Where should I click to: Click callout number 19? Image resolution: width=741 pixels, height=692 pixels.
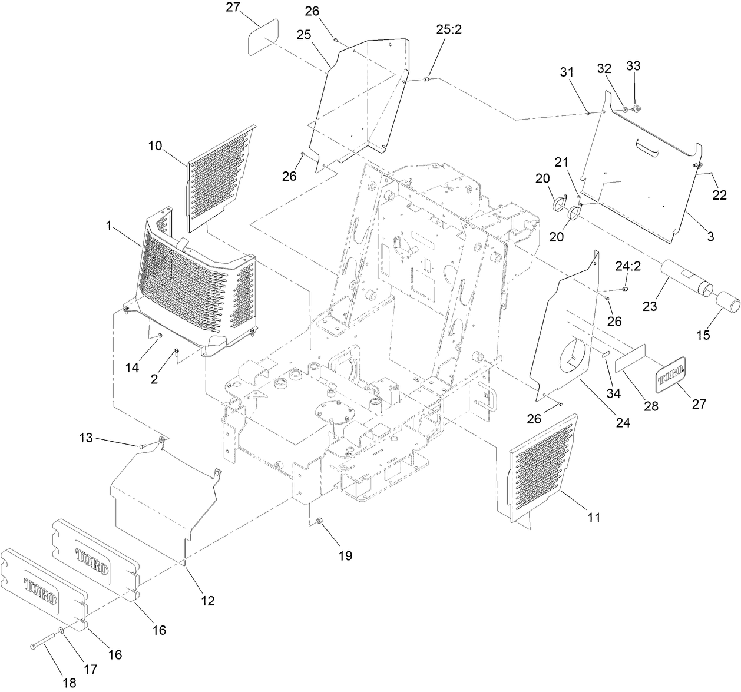tap(345, 555)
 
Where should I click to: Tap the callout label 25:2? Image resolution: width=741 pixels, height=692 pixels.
tap(449, 30)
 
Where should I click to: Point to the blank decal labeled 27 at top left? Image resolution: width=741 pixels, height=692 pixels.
tap(263, 37)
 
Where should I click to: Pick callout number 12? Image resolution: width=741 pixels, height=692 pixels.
tap(207, 601)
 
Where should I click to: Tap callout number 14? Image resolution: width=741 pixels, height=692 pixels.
tap(133, 367)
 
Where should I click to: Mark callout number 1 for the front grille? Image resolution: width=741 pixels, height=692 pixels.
tap(108, 225)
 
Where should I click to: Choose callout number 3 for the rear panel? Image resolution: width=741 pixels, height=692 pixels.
tap(710, 237)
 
